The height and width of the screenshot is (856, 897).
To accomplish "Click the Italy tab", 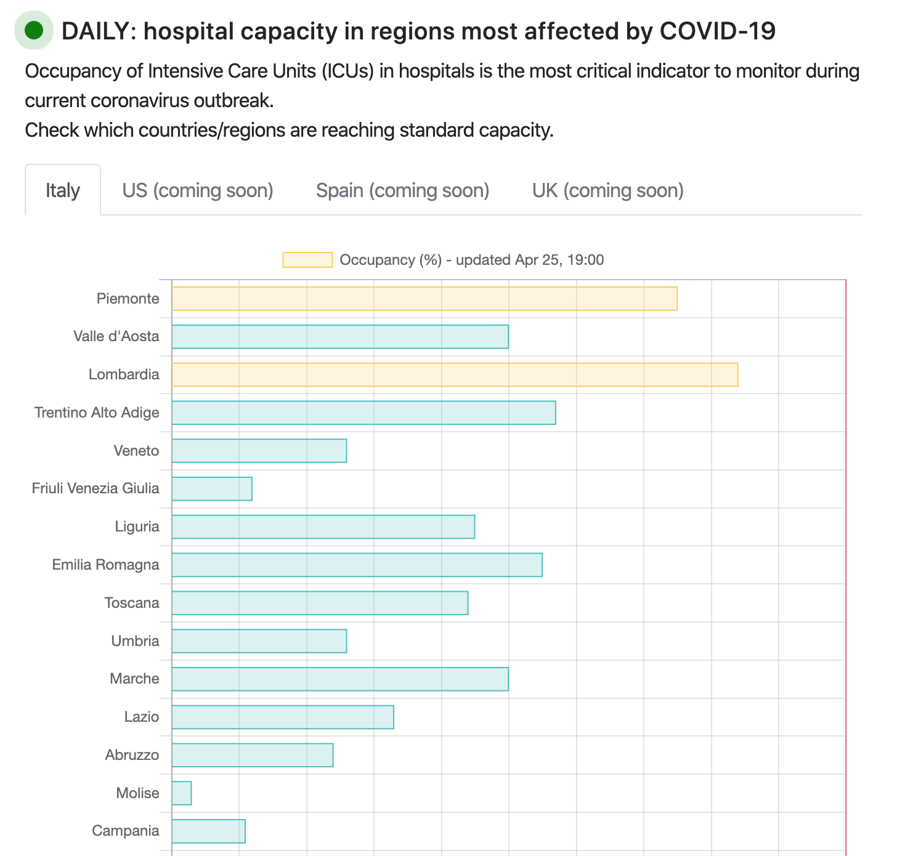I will [x=63, y=190].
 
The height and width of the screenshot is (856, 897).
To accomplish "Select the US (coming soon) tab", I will [x=198, y=190].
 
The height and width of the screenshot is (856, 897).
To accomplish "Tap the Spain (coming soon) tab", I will [x=402, y=190].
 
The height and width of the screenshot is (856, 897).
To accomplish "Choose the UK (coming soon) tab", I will [x=608, y=190].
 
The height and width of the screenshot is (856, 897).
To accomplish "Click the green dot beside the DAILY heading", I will [x=34, y=30].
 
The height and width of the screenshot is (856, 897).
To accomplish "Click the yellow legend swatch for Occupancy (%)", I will [x=307, y=260].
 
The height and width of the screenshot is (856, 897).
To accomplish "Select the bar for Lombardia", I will [x=455, y=374].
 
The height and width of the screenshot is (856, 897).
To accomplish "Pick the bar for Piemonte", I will [x=424, y=299].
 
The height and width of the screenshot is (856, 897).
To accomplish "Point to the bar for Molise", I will [x=182, y=793].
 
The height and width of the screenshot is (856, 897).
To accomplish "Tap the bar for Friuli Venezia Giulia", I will [x=212, y=489].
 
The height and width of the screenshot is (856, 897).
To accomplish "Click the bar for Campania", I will [x=209, y=831].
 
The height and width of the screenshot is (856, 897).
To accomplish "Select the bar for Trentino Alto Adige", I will [x=363, y=413].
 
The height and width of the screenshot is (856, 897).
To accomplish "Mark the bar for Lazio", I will [x=283, y=717].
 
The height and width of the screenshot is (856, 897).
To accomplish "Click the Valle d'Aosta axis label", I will [x=116, y=336].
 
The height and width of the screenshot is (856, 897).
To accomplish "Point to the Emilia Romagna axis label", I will [x=105, y=565].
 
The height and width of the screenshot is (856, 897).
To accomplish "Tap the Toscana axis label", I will [x=132, y=603].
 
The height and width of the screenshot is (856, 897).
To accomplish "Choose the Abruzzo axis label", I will [x=132, y=755].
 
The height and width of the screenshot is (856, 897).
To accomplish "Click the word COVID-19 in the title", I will [x=717, y=31].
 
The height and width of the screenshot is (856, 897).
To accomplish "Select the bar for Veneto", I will [x=259, y=451].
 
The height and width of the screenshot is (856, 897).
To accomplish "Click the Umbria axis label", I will [x=135, y=641].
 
